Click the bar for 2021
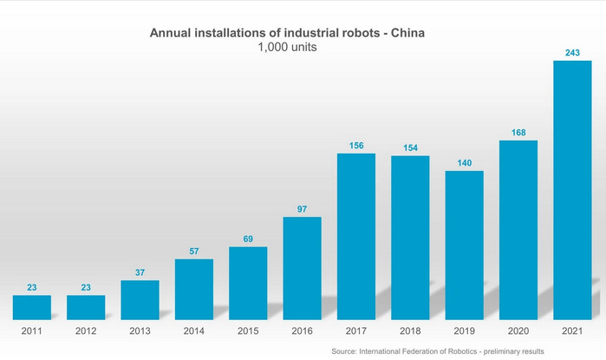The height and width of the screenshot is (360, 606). (572, 189)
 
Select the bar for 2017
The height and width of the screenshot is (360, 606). (356, 236)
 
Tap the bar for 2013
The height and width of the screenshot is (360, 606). (140, 299)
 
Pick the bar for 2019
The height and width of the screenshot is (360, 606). (465, 245)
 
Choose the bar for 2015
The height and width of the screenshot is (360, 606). (248, 283)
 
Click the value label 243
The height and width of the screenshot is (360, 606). (572, 53)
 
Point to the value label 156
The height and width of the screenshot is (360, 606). (356, 146)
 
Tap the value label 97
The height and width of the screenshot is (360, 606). (303, 209)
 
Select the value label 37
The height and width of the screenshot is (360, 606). (140, 272)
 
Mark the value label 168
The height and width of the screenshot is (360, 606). (518, 133)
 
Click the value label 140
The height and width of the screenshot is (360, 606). (465, 163)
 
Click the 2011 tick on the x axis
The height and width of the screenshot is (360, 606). (31, 331)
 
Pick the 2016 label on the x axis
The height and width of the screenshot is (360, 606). (303, 331)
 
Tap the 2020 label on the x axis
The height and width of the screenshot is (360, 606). (518, 331)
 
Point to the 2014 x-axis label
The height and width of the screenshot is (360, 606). (194, 331)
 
